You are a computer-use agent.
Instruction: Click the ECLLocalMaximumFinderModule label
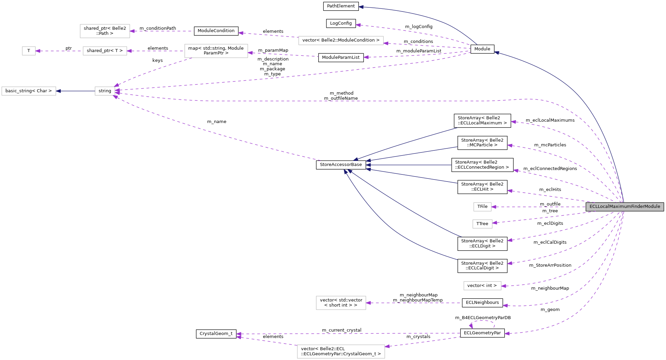(x=624, y=207)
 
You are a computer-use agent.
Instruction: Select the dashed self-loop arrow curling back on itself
(x=483, y=321)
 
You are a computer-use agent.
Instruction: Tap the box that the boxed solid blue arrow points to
(x=29, y=91)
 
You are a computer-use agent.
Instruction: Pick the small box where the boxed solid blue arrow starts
(x=105, y=91)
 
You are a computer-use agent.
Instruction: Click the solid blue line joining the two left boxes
(x=75, y=91)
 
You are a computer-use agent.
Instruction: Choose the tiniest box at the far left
(x=29, y=51)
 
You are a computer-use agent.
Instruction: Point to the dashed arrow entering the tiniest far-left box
(x=59, y=51)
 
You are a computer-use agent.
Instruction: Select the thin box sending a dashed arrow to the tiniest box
(x=105, y=51)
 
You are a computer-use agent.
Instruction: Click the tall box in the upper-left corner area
(x=105, y=31)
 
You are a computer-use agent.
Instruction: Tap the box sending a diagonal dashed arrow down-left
(x=216, y=51)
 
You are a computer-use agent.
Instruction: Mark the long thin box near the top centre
(x=341, y=41)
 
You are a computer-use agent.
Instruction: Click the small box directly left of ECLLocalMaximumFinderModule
(x=482, y=207)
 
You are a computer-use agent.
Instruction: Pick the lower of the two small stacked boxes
(x=482, y=224)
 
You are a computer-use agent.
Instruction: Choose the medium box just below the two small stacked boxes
(x=482, y=286)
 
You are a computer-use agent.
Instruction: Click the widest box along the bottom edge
(x=341, y=352)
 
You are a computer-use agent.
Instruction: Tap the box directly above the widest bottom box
(x=341, y=303)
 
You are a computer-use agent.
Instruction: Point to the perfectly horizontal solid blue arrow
(x=409, y=165)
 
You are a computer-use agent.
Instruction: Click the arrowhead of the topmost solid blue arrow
(x=361, y=7)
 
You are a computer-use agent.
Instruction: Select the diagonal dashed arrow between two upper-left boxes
(x=152, y=71)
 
